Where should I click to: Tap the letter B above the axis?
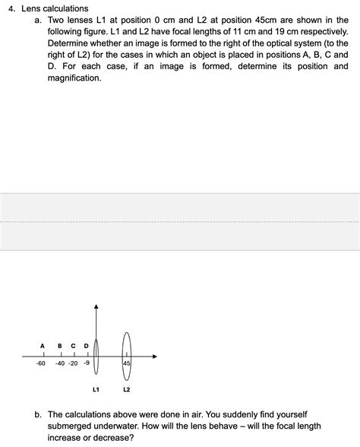(60, 346)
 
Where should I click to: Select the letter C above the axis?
(73, 346)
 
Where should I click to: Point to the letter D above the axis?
(86, 346)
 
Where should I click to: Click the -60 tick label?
(40, 363)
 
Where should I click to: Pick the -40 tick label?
(60, 363)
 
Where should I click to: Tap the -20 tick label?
(73, 363)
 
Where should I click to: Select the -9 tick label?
(87, 363)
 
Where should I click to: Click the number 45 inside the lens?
(126, 363)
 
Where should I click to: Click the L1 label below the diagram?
(96, 390)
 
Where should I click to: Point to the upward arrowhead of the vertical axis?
(96, 306)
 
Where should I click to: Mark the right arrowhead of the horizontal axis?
(154, 356)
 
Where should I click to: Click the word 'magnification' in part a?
(74, 78)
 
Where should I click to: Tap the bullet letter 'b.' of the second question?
(38, 414)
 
